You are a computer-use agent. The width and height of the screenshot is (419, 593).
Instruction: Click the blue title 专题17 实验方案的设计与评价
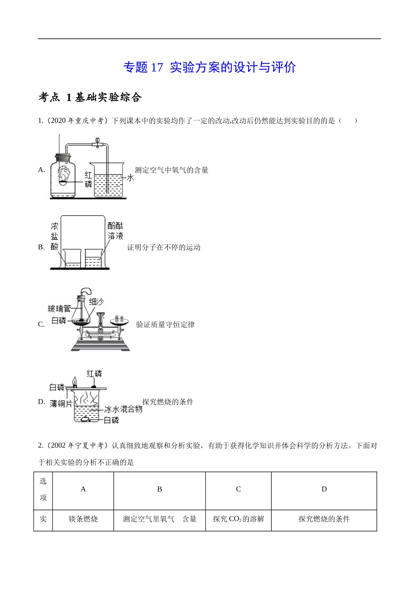click(209, 68)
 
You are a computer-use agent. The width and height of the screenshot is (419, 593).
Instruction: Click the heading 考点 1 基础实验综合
click(90, 98)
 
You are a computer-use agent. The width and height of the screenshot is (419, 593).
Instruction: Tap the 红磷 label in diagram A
click(89, 180)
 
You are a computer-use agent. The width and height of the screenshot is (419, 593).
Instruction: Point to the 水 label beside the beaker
click(131, 177)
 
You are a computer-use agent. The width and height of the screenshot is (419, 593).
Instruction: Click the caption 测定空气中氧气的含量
click(172, 170)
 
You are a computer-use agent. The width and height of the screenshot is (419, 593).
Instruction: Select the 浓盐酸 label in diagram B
click(55, 236)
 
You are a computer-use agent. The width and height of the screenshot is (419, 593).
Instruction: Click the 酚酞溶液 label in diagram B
click(116, 231)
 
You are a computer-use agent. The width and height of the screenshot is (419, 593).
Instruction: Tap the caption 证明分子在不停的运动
click(164, 248)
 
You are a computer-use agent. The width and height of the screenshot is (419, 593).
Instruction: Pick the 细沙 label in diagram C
click(96, 301)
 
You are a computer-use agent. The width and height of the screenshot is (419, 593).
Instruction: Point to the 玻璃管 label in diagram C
click(59, 309)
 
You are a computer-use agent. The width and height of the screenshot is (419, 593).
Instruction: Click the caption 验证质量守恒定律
click(165, 325)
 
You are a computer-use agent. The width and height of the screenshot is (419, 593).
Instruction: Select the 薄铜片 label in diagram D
click(61, 404)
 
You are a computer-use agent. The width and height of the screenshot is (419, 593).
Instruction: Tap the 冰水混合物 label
click(123, 409)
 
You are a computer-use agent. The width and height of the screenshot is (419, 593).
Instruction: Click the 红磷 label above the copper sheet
click(94, 374)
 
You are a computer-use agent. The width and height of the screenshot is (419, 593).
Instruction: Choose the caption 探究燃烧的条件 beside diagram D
click(168, 402)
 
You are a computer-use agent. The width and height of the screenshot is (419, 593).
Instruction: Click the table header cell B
click(160, 489)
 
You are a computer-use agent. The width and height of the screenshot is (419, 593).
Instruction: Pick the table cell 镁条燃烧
click(83, 519)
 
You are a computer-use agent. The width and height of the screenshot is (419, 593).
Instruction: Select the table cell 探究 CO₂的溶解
click(238, 519)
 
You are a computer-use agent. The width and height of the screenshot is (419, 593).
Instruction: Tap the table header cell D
click(324, 489)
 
